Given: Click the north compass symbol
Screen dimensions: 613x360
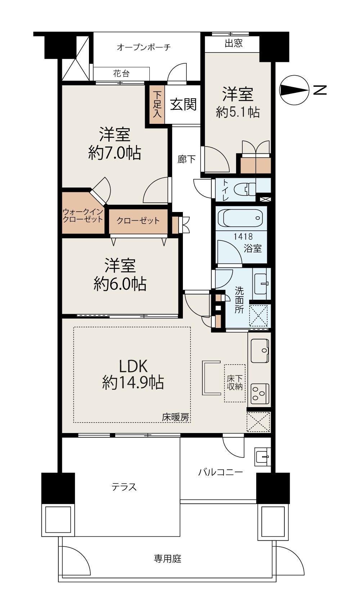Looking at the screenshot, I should click(x=294, y=90).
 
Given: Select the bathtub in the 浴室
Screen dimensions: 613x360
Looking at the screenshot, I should click(x=240, y=218).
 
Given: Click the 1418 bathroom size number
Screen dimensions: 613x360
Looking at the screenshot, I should click(x=243, y=236).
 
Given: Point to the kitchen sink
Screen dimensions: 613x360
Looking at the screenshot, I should click(x=260, y=351).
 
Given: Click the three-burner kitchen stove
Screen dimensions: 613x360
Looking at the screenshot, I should click(x=260, y=393).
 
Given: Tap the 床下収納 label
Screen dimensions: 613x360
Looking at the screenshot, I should click(x=234, y=383).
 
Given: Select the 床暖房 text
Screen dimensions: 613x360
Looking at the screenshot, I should click(x=175, y=417).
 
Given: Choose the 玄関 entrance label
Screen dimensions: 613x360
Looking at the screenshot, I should click(x=183, y=104).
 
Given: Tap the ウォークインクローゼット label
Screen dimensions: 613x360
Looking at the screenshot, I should click(x=83, y=216).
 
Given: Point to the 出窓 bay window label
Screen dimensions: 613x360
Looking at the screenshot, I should click(x=234, y=44).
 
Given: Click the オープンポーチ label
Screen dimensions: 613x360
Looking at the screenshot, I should click(x=143, y=47).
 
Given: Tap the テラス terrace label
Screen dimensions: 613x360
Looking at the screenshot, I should click(x=124, y=487).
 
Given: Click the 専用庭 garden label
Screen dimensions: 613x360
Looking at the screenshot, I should click(x=167, y=559).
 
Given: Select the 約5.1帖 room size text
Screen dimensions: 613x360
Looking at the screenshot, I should click(x=238, y=112).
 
